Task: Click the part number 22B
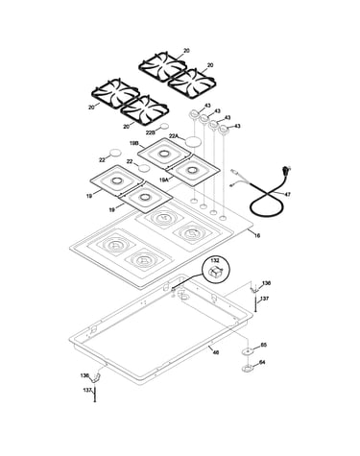click(151, 132)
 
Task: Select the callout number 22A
click(173, 136)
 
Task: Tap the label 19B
click(133, 144)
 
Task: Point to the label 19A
click(163, 180)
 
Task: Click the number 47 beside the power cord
click(287, 194)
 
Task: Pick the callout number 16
click(257, 235)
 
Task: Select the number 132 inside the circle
click(215, 261)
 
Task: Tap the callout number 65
click(264, 345)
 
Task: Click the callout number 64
click(262, 362)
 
